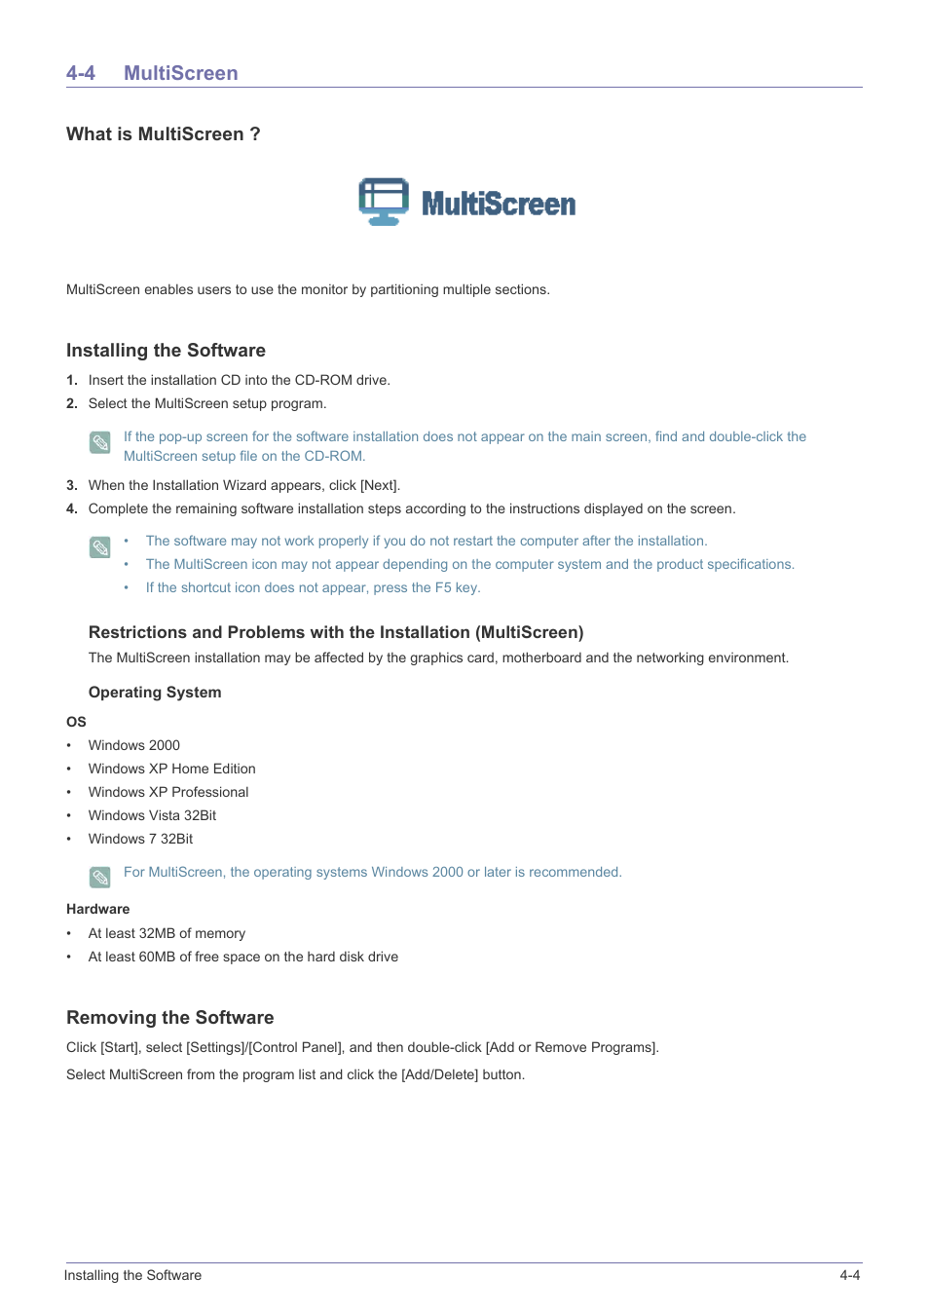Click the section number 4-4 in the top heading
[x=81, y=73]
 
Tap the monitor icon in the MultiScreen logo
[x=384, y=202]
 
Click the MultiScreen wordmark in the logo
[x=499, y=204]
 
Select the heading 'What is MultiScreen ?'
[x=163, y=134]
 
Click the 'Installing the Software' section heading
[x=166, y=351]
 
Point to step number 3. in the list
[x=72, y=485]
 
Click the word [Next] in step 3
[x=380, y=485]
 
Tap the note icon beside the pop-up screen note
[x=100, y=443]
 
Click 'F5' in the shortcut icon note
[x=443, y=587]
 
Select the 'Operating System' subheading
[x=155, y=693]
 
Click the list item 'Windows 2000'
[x=134, y=745]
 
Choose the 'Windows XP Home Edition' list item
[x=172, y=769]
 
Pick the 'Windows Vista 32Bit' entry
[x=153, y=815]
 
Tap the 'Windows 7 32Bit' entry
[x=141, y=839]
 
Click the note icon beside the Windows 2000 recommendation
[x=100, y=878]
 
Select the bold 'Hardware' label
[x=97, y=909]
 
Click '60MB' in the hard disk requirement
[x=157, y=957]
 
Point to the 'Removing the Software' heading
[x=170, y=1018]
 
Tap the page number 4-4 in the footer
[x=849, y=1275]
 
